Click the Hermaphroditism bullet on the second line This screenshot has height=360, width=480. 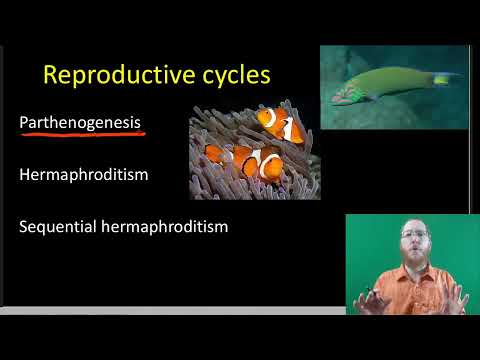pyautogui.click(x=84, y=175)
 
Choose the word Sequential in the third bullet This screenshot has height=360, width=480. pyautogui.click(x=58, y=227)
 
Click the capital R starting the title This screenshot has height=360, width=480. pyautogui.click(x=52, y=75)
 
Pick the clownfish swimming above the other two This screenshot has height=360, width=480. pyautogui.click(x=280, y=125)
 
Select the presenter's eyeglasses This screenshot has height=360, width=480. pyautogui.click(x=418, y=237)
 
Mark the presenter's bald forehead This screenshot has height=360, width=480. pyautogui.click(x=418, y=224)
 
